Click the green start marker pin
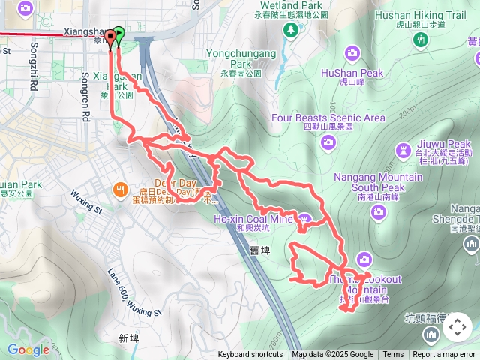point(118,34)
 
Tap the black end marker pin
point(111,36)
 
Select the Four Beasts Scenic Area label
point(328,118)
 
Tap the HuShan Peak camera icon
point(352,53)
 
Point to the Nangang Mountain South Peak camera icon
point(378,211)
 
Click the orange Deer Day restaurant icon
point(120,189)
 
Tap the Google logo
point(28,349)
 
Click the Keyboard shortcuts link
point(250,355)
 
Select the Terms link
point(393,355)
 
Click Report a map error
point(445,355)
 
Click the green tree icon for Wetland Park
point(290,29)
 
